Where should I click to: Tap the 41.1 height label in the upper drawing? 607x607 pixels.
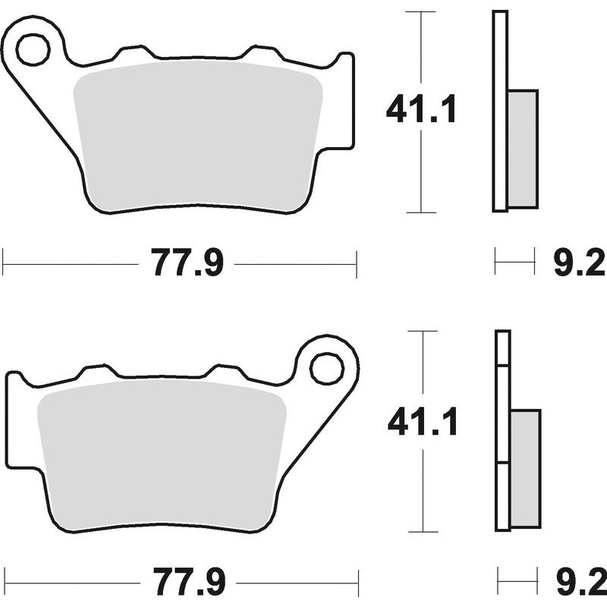pyautogui.click(x=421, y=111)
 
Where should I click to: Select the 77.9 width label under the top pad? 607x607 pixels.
pyautogui.click(x=187, y=265)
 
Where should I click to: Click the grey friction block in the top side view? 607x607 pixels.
pyautogui.click(x=522, y=148)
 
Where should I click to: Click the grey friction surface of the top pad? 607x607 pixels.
pyautogui.click(x=197, y=137)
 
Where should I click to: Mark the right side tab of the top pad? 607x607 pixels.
pyautogui.click(x=345, y=99)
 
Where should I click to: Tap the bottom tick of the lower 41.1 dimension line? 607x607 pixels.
pyautogui.click(x=423, y=531)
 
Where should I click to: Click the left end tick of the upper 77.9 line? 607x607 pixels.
pyautogui.click(x=4, y=265)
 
